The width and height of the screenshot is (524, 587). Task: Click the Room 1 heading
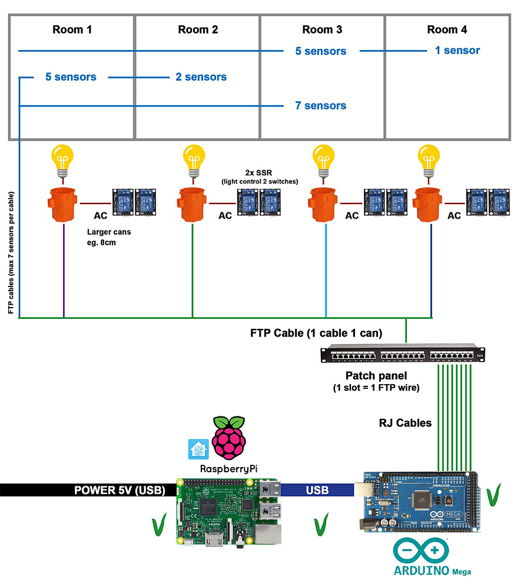pos(72,29)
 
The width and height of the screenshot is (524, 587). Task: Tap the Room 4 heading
pos(446,29)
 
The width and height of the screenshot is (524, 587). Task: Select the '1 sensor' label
pos(457,51)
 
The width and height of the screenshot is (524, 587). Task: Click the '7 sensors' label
pos(320,106)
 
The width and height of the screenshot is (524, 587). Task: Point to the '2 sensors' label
pos(201,77)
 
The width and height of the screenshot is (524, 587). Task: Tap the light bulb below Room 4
pos(429,160)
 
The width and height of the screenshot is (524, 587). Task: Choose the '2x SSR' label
pos(259,172)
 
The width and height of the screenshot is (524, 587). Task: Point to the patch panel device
pos(397,355)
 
